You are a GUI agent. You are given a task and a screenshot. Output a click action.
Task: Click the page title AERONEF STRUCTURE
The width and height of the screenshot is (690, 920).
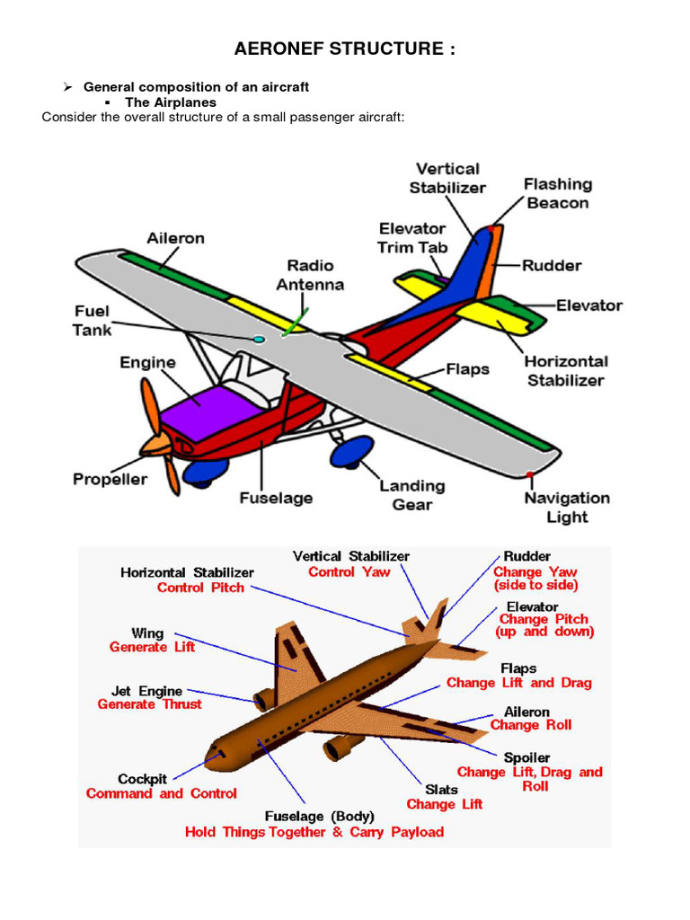(x=344, y=49)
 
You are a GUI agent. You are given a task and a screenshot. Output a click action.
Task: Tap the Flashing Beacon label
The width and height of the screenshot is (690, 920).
(x=558, y=193)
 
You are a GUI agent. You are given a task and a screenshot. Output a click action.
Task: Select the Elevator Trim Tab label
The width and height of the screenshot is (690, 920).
(x=411, y=238)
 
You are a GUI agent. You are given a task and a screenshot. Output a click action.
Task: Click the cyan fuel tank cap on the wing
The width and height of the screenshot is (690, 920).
(x=259, y=339)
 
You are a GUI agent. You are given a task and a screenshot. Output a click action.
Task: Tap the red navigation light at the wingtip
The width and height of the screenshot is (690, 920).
(x=530, y=473)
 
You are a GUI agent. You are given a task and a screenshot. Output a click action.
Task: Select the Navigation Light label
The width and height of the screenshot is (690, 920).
(x=567, y=508)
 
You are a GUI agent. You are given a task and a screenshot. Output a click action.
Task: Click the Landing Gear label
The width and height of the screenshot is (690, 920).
(x=411, y=494)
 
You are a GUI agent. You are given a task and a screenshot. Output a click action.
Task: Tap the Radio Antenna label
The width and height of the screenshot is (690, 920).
(x=310, y=275)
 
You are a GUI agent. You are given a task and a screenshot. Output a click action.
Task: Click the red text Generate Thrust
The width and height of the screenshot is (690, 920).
(x=150, y=705)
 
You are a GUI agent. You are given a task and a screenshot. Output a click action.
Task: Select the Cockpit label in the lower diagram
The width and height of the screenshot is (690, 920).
(x=142, y=779)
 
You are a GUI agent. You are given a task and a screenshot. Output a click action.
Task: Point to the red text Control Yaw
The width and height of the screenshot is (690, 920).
(x=349, y=572)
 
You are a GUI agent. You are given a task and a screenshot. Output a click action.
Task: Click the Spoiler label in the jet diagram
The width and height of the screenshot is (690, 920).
(x=527, y=757)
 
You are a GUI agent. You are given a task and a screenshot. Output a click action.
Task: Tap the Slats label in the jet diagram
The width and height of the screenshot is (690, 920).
(x=441, y=789)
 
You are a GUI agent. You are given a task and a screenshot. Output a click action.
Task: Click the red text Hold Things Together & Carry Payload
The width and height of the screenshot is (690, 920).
(x=314, y=833)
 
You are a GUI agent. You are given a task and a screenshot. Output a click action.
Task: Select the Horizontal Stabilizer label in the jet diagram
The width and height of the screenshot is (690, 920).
(x=187, y=572)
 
